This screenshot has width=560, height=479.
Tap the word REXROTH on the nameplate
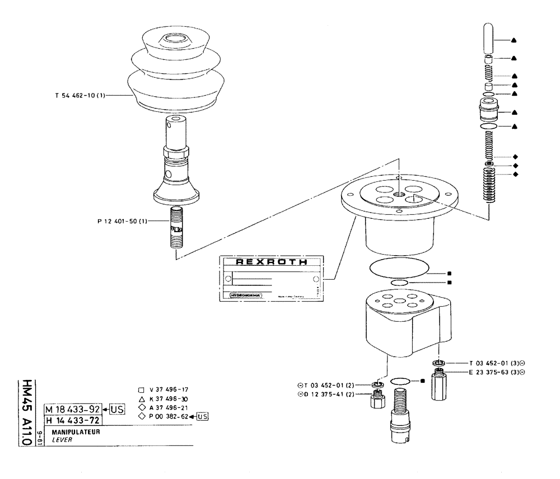(272, 262)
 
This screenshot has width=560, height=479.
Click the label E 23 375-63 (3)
(492, 372)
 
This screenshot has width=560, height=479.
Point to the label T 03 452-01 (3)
(492, 363)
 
